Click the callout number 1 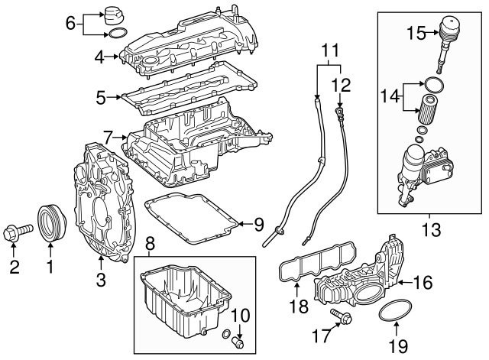tap(50, 267)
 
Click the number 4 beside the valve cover tap(99, 56)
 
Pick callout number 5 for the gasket tap(100, 97)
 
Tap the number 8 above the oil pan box tap(150, 245)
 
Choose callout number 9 tap(257, 225)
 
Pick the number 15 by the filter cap tap(416, 33)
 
